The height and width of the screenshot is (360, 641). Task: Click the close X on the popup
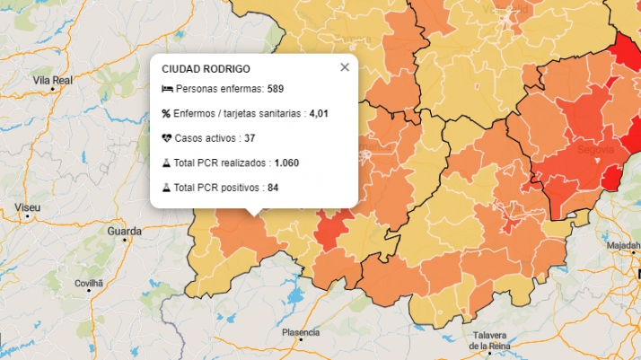pos(345,67)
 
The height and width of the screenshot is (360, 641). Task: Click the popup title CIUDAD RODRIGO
pos(206,69)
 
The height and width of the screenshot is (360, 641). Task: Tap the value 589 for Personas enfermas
pos(276,89)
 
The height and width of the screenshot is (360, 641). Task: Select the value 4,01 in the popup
pos(320,114)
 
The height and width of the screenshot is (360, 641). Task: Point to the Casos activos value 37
pos(250,138)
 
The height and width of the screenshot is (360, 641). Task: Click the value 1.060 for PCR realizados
pos(286,163)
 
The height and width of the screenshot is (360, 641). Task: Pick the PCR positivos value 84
pos(273,188)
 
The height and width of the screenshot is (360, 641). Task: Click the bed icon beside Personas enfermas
pos(166,89)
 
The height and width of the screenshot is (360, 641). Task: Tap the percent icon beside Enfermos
pos(166,114)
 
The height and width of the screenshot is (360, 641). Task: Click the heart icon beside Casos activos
pos(166,138)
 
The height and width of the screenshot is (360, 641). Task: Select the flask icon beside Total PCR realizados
pos(166,163)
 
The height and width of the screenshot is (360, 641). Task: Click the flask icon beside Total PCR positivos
pos(166,188)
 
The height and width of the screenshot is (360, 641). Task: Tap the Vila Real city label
pos(52,81)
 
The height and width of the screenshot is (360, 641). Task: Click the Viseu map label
pos(27,207)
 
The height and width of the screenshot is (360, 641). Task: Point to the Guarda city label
pos(124,231)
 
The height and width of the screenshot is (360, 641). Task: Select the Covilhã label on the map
pos(89,284)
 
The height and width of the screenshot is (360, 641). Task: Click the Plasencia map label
pos(301,332)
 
